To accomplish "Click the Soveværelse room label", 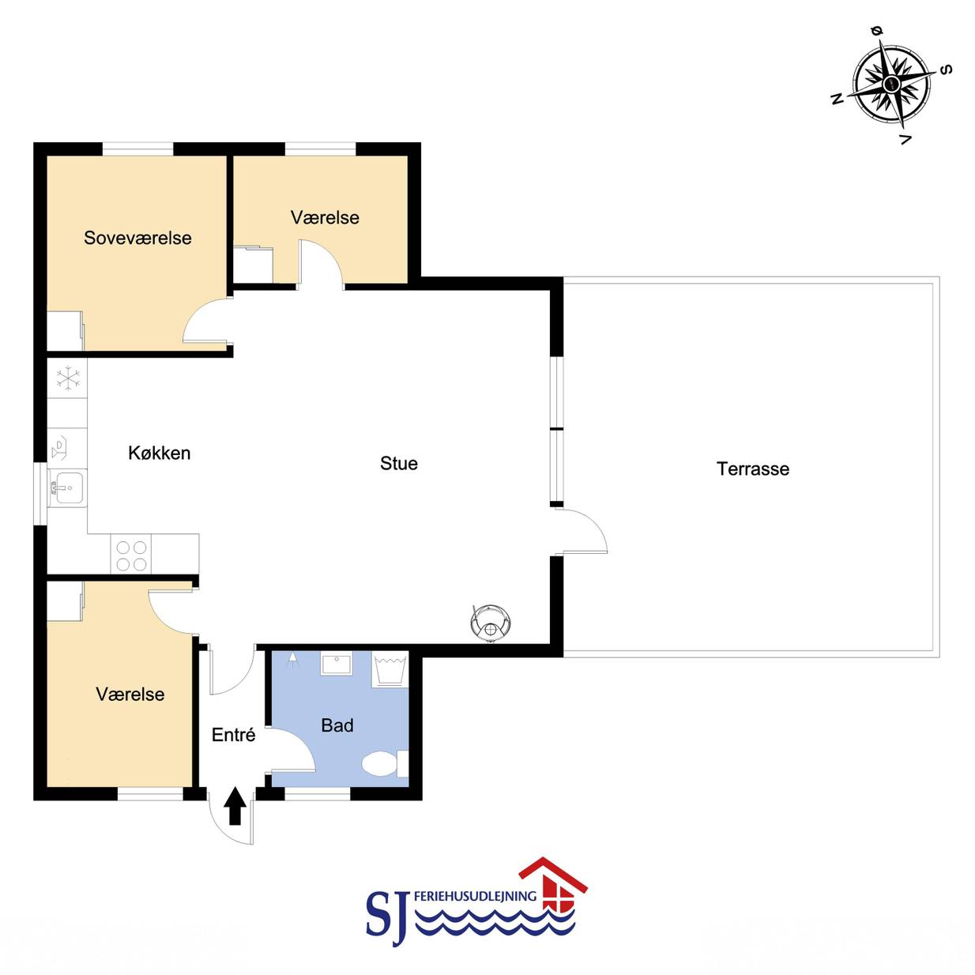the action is coord(137,238).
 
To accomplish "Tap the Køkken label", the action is coord(160,453).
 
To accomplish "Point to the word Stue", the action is coord(399,464).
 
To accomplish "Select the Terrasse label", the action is coord(753,469).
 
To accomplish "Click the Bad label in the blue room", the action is coord(337,725).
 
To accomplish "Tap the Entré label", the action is coord(233,735).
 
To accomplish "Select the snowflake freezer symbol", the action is coord(68,379).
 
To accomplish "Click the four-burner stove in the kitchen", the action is coord(131,555).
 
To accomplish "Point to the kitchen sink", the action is coord(68,487).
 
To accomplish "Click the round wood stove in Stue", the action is coord(490,623).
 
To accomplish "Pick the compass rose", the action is coord(891,83).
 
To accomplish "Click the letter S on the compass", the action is coord(945,70).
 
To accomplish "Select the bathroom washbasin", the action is coord(336,664).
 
